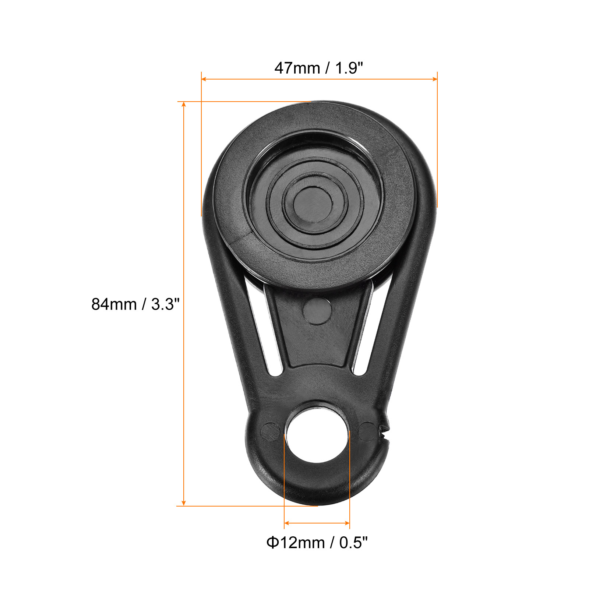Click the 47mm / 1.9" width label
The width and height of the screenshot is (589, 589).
pos(319,68)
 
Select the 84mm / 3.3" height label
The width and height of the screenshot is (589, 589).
pos(135,304)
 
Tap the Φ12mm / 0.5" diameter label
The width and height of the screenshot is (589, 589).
pos(317,543)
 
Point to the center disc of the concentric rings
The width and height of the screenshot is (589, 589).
pos(313,204)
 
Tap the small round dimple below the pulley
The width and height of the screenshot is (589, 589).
pos(317,311)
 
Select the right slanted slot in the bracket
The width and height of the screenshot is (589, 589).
pos(369,331)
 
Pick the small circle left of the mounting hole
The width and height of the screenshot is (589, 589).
pos(270,431)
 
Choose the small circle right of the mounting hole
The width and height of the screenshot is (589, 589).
pos(367,431)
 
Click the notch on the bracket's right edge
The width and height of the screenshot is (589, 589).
pos(384,429)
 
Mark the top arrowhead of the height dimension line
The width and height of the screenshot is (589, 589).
pos(184,105)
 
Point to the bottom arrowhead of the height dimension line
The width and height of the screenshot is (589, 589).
pos(184,503)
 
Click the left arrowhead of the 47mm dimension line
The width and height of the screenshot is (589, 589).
pos(204,79)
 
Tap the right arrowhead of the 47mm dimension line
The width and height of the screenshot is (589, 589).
pos(435,79)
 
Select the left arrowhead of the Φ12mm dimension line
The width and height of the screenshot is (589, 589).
pos(287,523)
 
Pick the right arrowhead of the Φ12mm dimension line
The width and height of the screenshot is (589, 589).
pos(347,523)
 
